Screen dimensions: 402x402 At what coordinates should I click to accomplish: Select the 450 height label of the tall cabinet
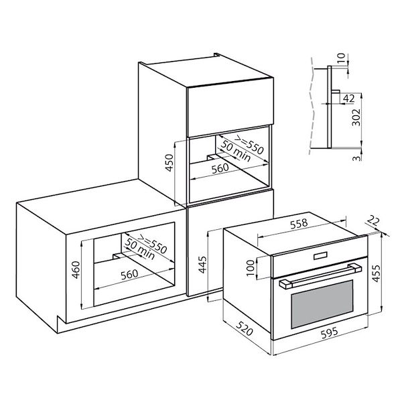tap(170, 163)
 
